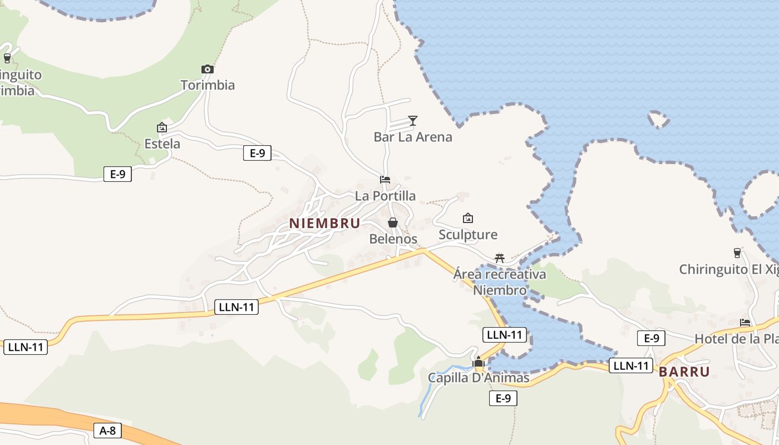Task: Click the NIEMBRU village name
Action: pyautogui.click(x=324, y=223)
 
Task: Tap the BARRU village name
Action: pyautogui.click(x=684, y=372)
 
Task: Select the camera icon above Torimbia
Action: pyautogui.click(x=208, y=70)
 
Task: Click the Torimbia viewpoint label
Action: pyautogui.click(x=208, y=85)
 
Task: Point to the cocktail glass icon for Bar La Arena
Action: pyautogui.click(x=412, y=121)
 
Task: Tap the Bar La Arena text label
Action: pyautogui.click(x=413, y=137)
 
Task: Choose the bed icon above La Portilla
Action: pyautogui.click(x=385, y=180)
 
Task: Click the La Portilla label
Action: pyautogui.click(x=385, y=196)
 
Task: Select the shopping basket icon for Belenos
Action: pyautogui.click(x=393, y=222)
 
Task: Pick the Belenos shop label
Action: pyautogui.click(x=393, y=239)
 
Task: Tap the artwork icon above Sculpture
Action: pyautogui.click(x=468, y=218)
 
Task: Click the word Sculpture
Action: pyautogui.click(x=468, y=234)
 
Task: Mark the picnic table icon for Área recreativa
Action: pyautogui.click(x=500, y=258)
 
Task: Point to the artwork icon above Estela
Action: pyautogui.click(x=162, y=127)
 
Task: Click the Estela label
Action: pyautogui.click(x=162, y=144)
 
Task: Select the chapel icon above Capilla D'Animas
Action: pyautogui.click(x=479, y=363)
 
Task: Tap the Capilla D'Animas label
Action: pyautogui.click(x=479, y=378)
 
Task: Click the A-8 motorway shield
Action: pyautogui.click(x=108, y=430)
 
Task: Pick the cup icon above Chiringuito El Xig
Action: pyautogui.click(x=737, y=253)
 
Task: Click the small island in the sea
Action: pyautogui.click(x=658, y=119)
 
